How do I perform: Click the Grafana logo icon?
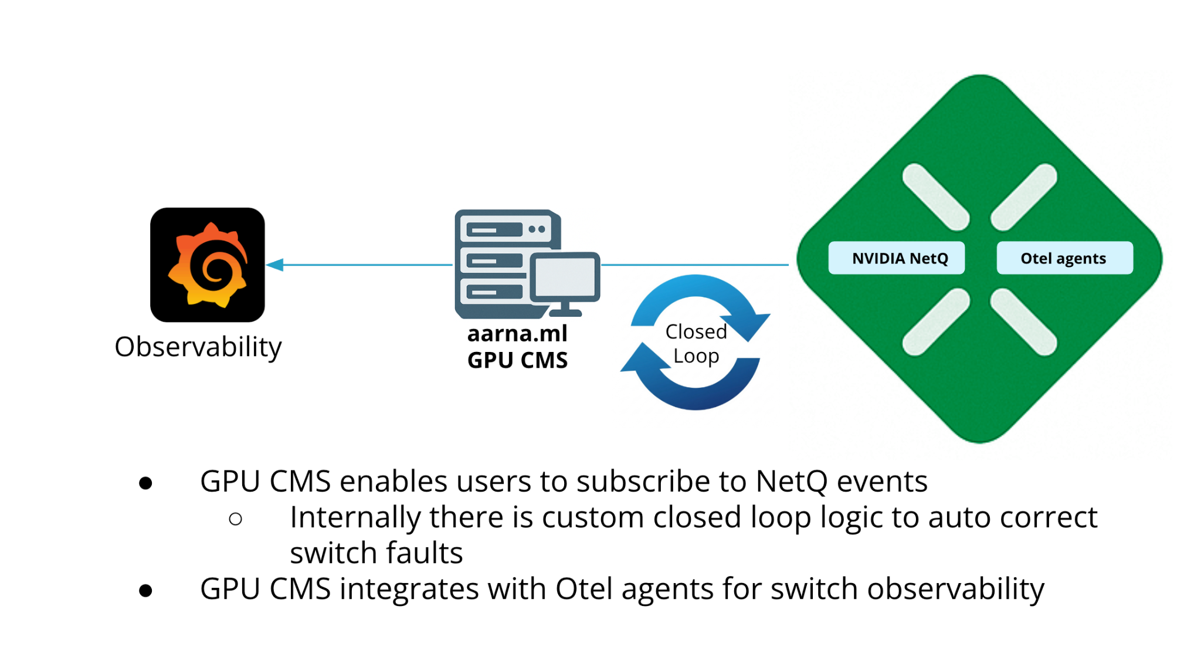click(208, 265)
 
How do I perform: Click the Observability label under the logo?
click(198, 347)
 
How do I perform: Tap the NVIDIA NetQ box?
click(896, 258)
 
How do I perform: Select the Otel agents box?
click(1064, 258)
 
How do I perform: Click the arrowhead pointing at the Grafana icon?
click(275, 265)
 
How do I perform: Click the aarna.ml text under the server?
click(517, 334)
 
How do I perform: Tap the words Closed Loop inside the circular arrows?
click(696, 344)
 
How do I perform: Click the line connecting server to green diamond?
click(695, 265)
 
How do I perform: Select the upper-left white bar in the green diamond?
click(936, 197)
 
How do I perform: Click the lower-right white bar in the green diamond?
click(1024, 322)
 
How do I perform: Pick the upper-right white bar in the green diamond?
click(1024, 197)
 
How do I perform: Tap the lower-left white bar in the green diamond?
click(936, 322)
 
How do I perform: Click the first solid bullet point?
click(145, 483)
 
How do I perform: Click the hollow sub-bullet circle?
click(236, 519)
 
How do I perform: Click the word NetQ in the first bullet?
click(791, 482)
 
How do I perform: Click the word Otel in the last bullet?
click(584, 589)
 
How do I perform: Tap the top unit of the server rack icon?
click(505, 229)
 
